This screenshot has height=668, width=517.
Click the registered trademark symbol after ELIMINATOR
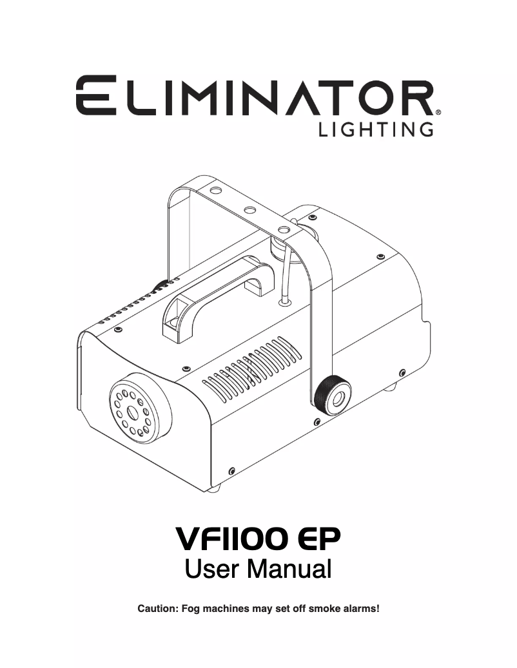[x=438, y=111]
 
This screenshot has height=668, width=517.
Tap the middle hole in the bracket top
[x=248, y=210]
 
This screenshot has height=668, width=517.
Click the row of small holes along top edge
[x=135, y=306]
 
